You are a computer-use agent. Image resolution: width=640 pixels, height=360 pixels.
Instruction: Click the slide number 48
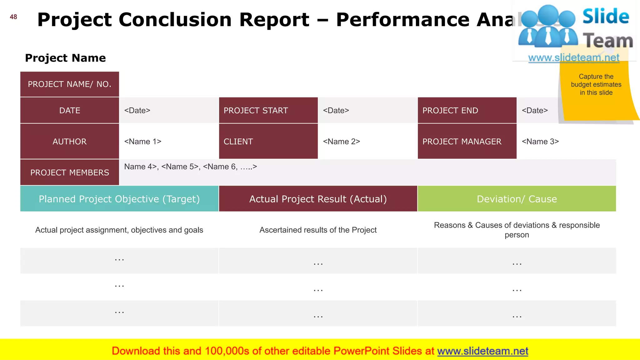tap(13, 17)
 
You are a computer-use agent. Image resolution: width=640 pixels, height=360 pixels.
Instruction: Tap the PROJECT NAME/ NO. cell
tap(70, 84)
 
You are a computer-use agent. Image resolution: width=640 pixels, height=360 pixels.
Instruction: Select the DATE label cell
tap(70, 110)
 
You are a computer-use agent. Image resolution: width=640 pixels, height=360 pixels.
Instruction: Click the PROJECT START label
tap(256, 110)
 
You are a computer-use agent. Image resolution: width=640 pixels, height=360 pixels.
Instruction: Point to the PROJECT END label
tap(450, 110)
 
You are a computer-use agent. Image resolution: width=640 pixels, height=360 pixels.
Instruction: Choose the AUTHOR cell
tap(70, 141)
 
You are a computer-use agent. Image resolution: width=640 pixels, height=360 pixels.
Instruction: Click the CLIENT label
tap(238, 141)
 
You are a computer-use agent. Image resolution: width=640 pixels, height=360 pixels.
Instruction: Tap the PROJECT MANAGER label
tap(462, 141)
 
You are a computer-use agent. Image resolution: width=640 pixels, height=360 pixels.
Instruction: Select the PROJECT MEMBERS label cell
tap(70, 172)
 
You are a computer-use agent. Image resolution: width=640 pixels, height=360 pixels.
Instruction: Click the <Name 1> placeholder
tap(143, 141)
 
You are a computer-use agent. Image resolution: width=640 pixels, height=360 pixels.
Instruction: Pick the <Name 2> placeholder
tap(342, 141)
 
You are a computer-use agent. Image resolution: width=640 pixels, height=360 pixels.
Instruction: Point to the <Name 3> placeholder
tap(540, 141)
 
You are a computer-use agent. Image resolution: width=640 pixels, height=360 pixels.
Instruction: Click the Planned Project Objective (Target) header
tap(119, 199)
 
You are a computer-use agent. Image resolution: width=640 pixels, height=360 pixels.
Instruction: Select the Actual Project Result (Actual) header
tap(318, 199)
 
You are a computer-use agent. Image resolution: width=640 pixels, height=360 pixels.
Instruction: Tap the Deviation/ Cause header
tap(517, 199)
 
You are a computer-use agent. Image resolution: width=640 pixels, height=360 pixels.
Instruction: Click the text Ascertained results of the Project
tap(318, 230)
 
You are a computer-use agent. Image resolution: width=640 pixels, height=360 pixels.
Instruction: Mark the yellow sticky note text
tap(596, 84)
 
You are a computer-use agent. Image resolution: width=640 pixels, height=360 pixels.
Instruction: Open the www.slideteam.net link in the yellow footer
tap(482, 351)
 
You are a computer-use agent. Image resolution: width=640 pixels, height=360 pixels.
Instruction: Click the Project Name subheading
tap(65, 58)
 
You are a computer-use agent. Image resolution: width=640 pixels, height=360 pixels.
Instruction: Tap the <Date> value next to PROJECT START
tap(336, 110)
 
